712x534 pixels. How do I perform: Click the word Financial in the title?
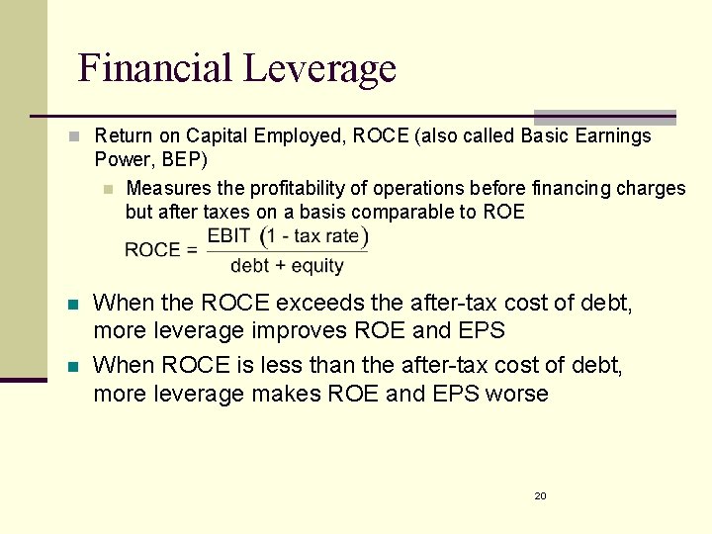pos(154,68)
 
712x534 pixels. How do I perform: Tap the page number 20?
pos(540,495)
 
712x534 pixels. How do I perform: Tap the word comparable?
pos(426,212)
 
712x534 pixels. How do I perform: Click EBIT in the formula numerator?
pos(228,236)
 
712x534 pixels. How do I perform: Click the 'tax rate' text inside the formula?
pos(325,236)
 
